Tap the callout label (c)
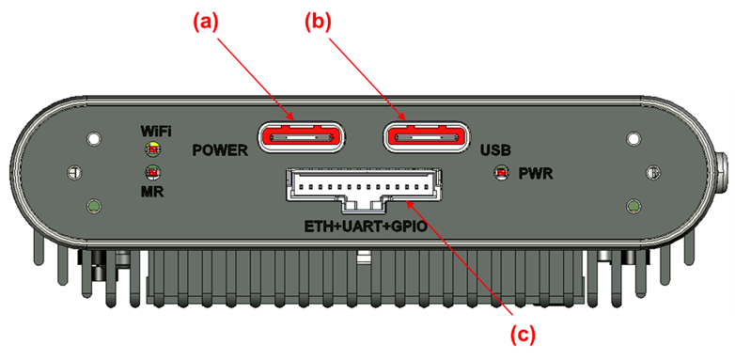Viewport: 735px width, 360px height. pyautogui.click(x=522, y=333)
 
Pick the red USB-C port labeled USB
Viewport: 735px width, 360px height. pyautogui.click(x=425, y=138)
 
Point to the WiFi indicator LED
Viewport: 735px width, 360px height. pyautogui.click(x=151, y=149)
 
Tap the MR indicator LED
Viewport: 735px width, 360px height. pyautogui.click(x=151, y=172)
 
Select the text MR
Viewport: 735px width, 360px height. pyautogui.click(x=151, y=191)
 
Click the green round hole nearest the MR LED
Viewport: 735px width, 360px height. pyautogui.click(x=92, y=206)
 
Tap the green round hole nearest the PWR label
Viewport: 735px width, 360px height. pyautogui.click(x=635, y=206)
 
